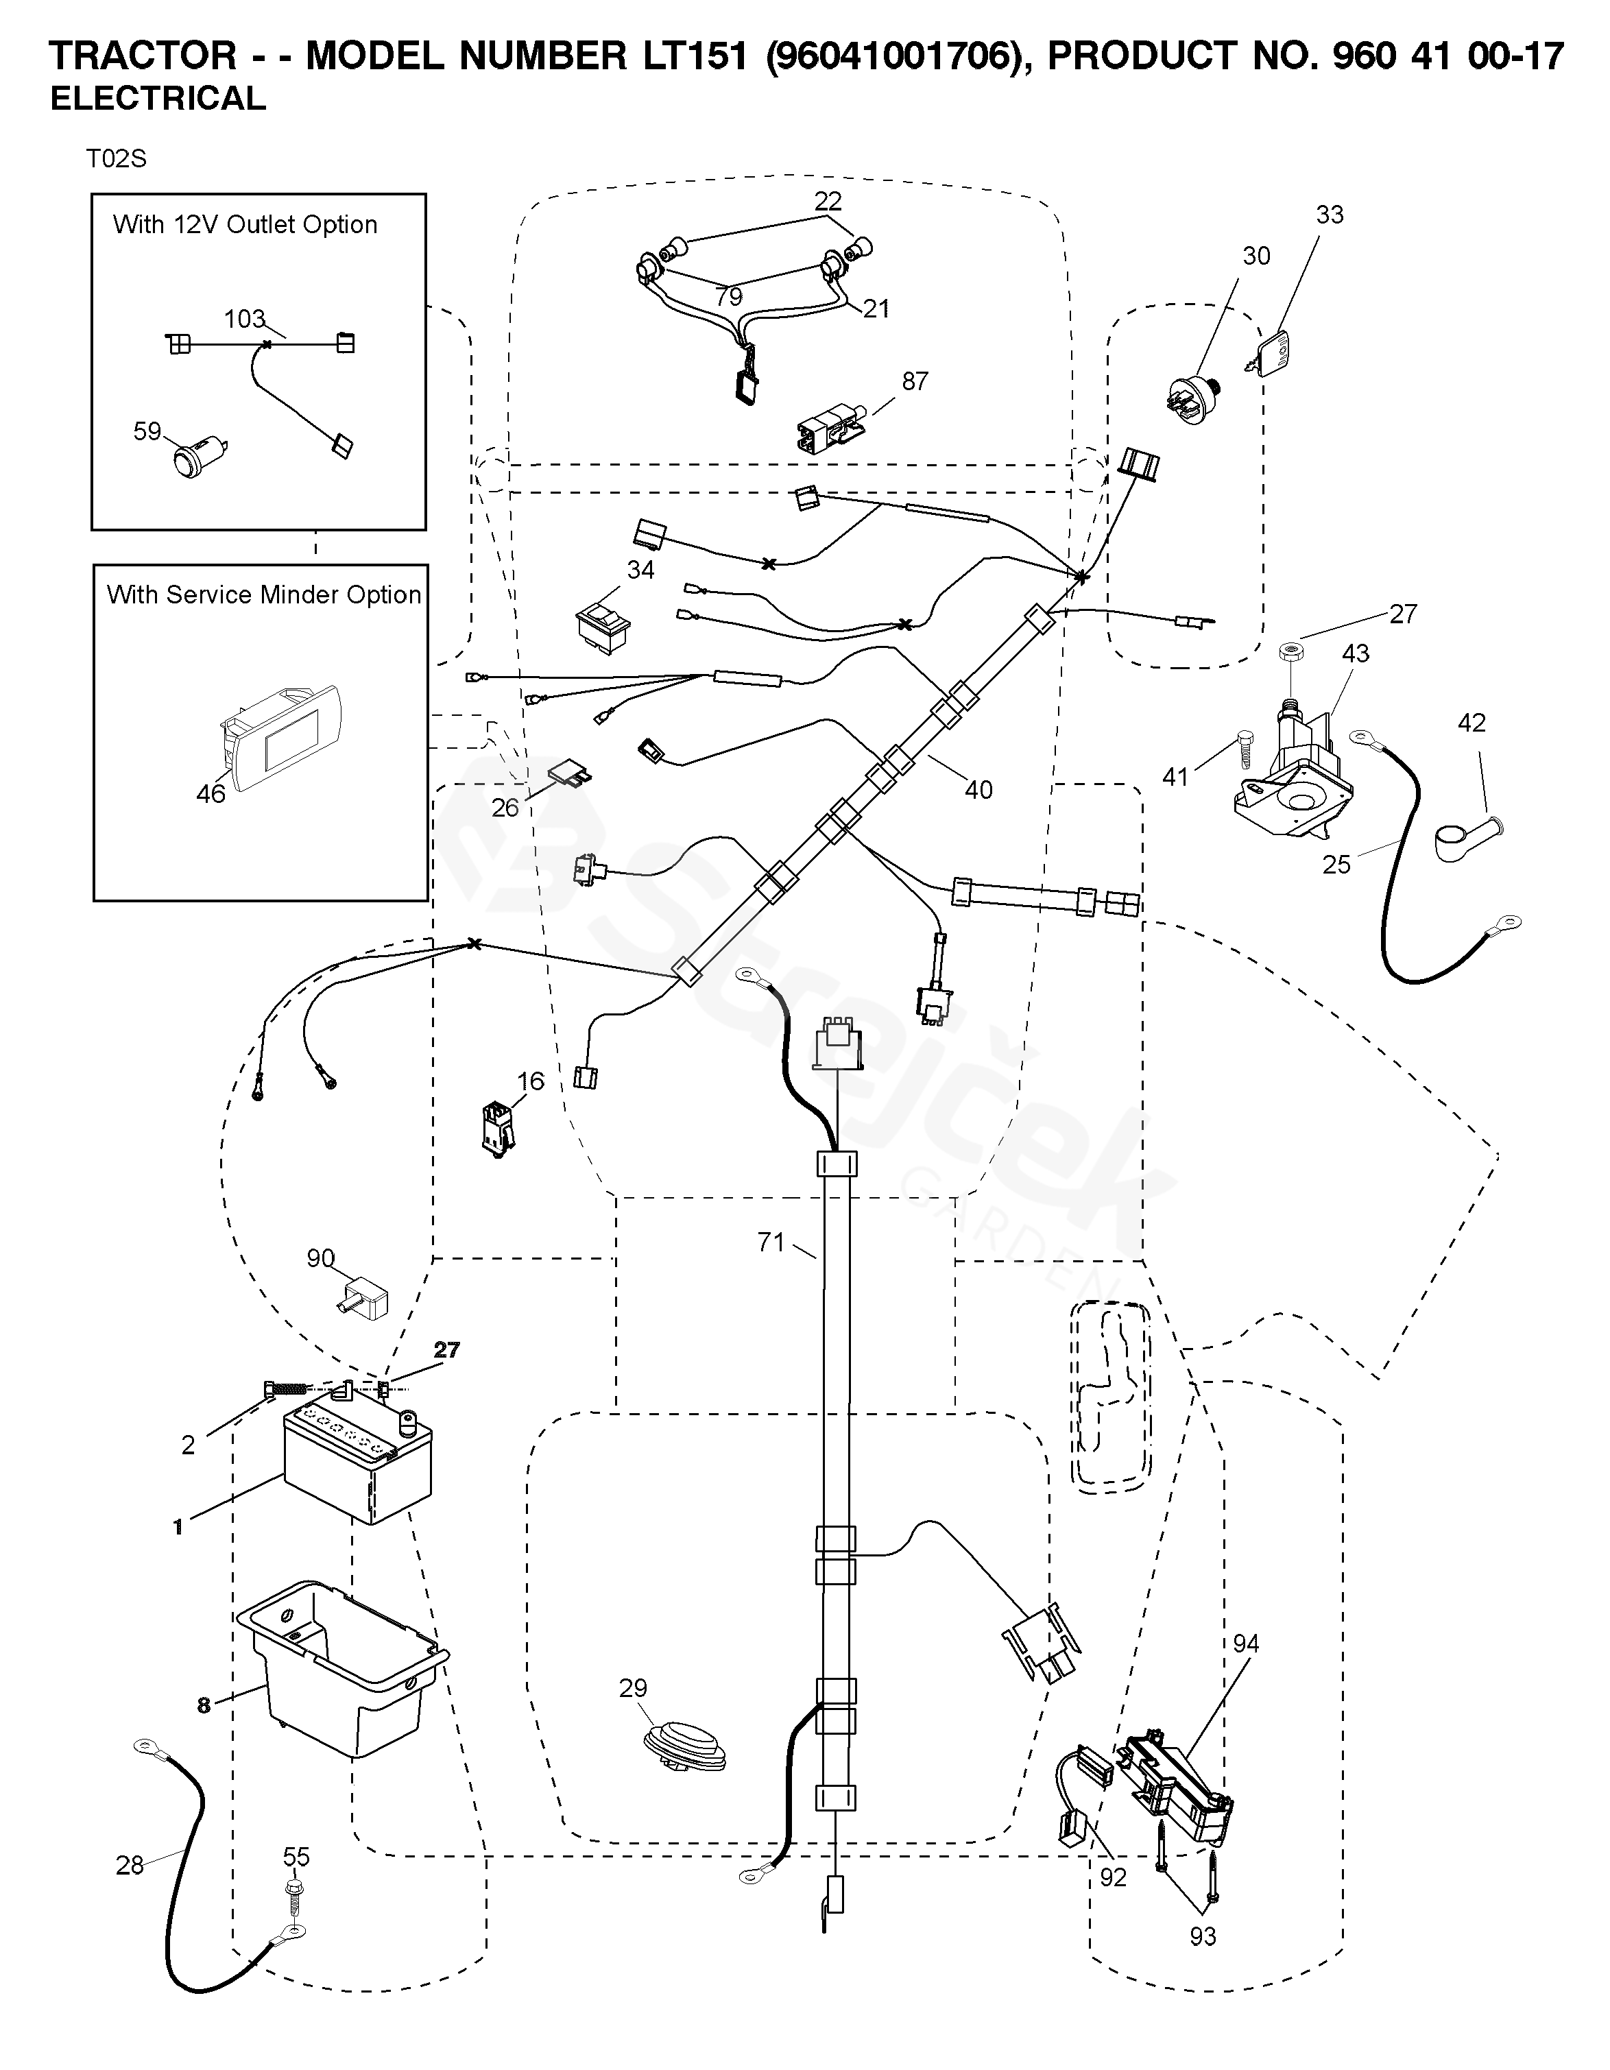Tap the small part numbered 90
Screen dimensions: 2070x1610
click(365, 1297)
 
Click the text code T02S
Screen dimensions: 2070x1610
click(117, 159)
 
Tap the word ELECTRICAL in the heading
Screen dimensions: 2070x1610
click(158, 99)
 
